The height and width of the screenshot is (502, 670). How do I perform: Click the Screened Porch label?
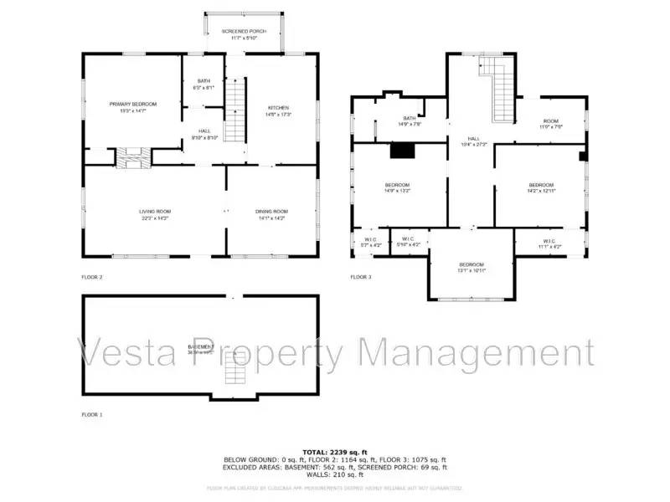click(244, 34)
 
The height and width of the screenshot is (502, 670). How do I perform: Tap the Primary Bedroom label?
click(132, 106)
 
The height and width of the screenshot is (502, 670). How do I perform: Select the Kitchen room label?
click(278, 110)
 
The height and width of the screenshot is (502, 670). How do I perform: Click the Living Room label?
click(154, 213)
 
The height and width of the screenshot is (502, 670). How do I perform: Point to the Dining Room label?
click(271, 213)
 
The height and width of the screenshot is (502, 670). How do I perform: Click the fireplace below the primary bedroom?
click(130, 156)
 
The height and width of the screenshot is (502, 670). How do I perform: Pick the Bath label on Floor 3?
click(409, 121)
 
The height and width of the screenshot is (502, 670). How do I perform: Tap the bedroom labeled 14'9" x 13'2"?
click(397, 187)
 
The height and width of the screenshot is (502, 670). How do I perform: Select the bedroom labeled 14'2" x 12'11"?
click(541, 187)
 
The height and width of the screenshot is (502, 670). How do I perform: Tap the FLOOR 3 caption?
click(361, 277)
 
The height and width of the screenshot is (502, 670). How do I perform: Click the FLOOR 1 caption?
click(92, 414)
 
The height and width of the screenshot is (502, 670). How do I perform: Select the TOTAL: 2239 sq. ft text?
click(334, 452)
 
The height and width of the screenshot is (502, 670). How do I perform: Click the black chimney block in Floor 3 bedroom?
click(404, 151)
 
